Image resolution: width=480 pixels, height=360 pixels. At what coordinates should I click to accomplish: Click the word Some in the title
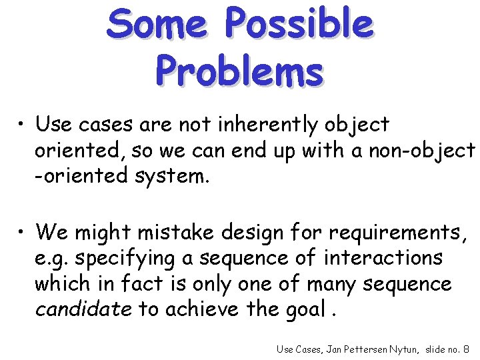point(157,24)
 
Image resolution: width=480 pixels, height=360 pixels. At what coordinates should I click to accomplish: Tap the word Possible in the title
point(298,24)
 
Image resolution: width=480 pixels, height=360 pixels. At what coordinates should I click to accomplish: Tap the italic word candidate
point(83,309)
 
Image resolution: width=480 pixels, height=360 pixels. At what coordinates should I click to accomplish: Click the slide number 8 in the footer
point(466,348)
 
